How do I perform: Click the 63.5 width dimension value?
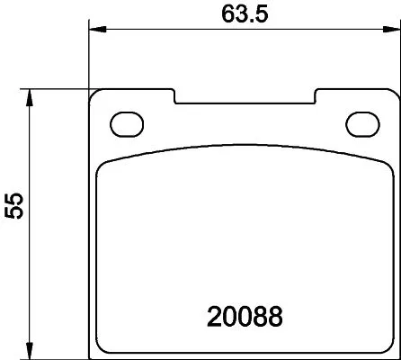pos(245,14)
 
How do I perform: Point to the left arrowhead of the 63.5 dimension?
pos(94,31)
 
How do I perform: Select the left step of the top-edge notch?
pos(174,95)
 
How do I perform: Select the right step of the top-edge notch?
pos(314,95)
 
